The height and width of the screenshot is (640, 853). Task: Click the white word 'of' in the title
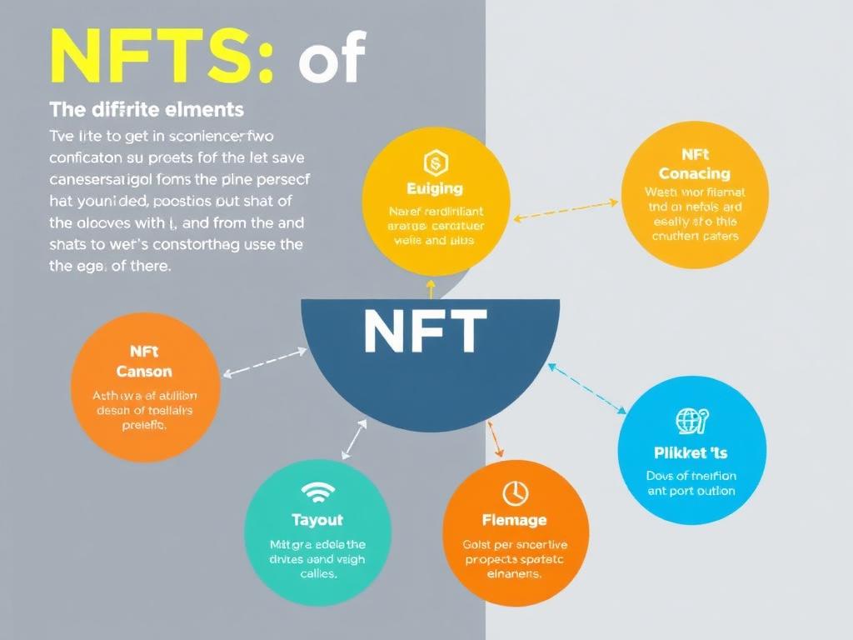click(332, 60)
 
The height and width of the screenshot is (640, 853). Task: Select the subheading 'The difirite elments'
click(147, 109)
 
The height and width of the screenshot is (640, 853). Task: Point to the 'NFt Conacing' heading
click(695, 165)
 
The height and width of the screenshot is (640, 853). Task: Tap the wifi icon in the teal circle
click(317, 493)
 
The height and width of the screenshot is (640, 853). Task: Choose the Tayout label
click(317, 520)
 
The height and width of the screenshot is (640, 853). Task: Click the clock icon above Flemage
click(516, 493)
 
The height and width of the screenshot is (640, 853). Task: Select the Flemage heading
click(516, 520)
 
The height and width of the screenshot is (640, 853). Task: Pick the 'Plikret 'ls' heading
click(691, 452)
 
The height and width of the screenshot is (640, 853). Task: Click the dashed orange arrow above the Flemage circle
click(493, 438)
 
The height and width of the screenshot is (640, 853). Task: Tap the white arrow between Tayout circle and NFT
click(355, 438)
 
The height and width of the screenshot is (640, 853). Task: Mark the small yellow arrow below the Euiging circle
click(431, 288)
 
